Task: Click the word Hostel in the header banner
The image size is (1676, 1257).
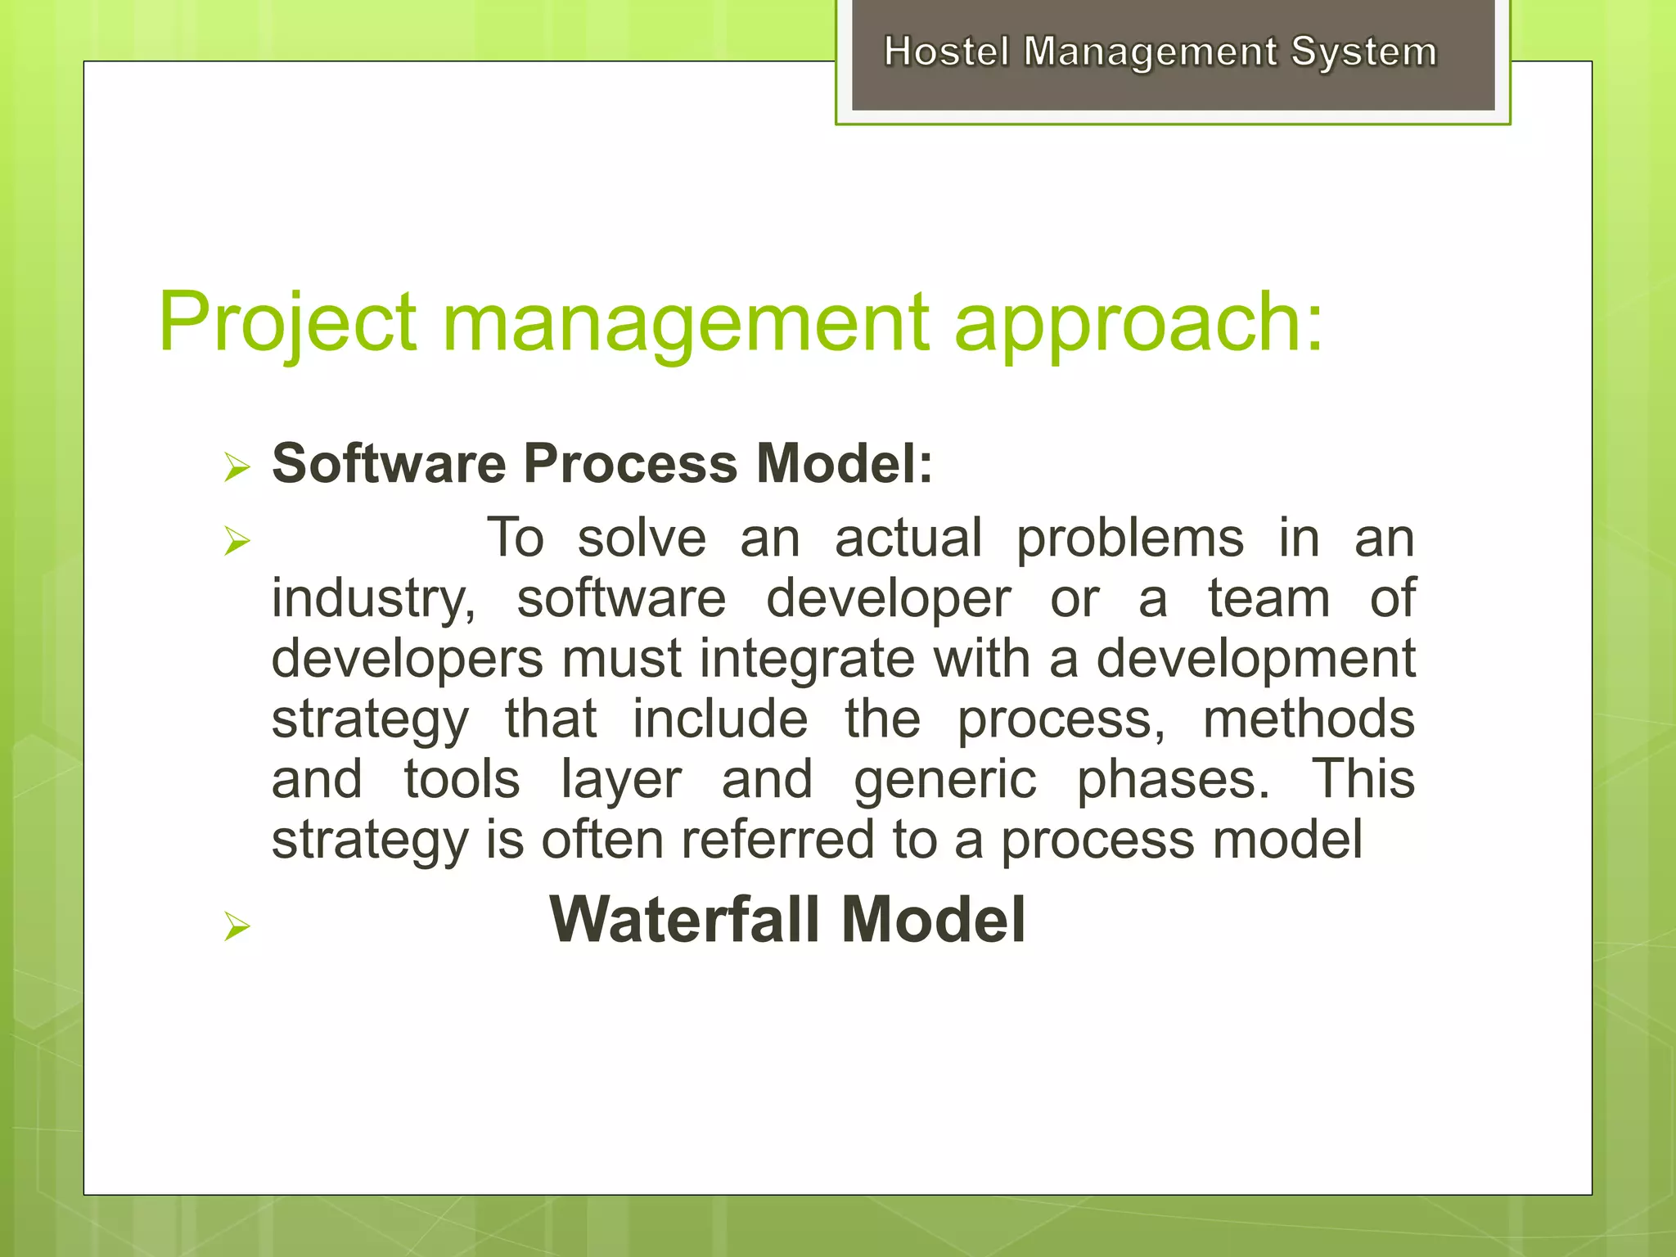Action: tap(947, 52)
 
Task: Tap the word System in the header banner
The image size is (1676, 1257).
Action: tap(1363, 52)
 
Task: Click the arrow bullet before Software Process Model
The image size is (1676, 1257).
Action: tap(237, 468)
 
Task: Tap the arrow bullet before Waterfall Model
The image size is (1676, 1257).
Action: tap(237, 926)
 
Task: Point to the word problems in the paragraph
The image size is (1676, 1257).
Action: tap(1130, 538)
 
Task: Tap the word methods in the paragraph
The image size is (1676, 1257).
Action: tap(1309, 719)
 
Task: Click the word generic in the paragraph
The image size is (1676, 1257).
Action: tap(945, 779)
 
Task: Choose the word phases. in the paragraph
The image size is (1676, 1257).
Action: tap(1173, 779)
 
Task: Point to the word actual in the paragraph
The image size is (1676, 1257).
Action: tap(908, 538)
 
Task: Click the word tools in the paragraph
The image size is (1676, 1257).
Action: tap(462, 779)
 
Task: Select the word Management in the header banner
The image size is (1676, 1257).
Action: tap(1150, 52)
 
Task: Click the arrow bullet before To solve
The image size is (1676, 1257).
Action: tap(237, 541)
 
